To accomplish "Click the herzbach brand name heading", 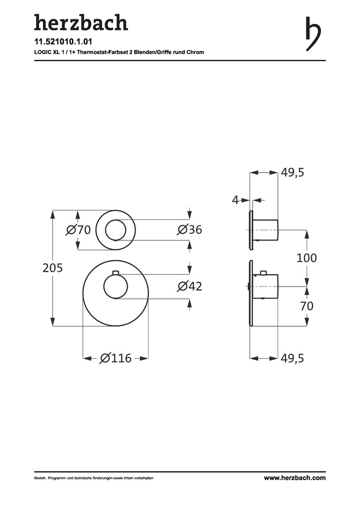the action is click(x=81, y=23).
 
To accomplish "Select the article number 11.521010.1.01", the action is click(x=63, y=41).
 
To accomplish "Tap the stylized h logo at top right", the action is click(x=313, y=34).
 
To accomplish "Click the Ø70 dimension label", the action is click(x=79, y=230).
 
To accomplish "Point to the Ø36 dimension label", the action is click(x=190, y=230).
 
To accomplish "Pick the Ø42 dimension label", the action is click(x=190, y=286).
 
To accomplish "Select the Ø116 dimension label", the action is click(x=116, y=358).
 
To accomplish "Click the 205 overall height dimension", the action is click(x=53, y=268).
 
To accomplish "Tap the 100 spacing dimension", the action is click(x=306, y=258).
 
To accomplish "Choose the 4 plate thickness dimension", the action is click(x=235, y=200).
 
